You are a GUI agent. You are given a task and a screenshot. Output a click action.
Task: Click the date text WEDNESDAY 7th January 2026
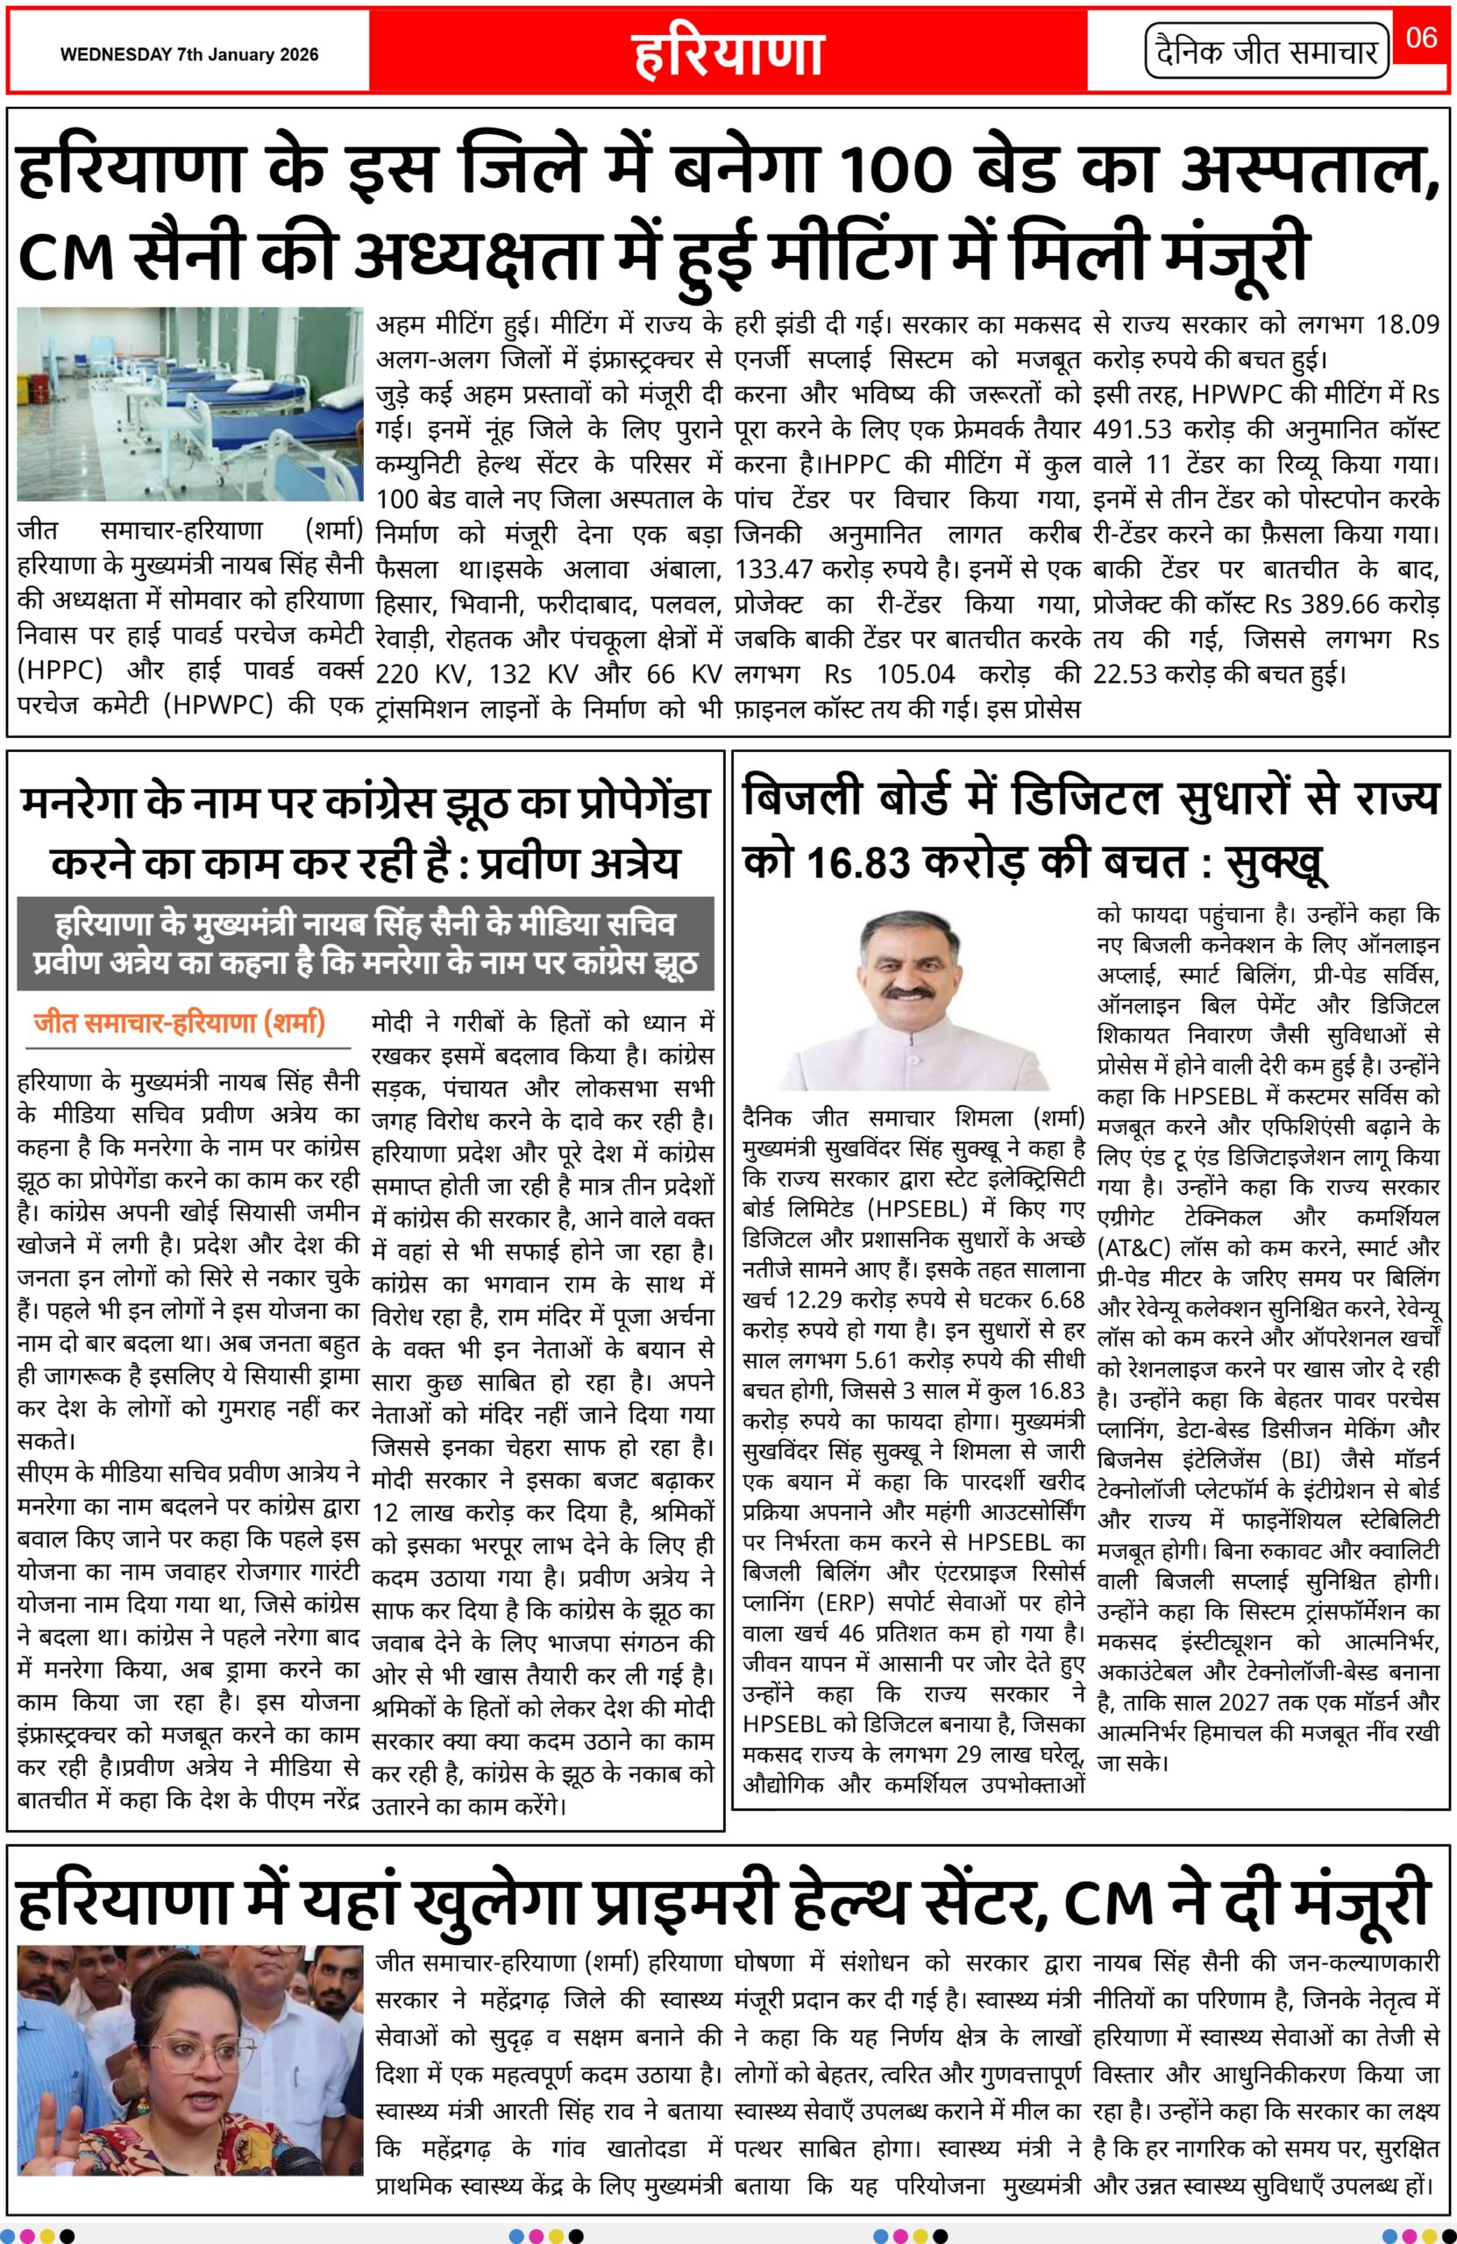coord(188,54)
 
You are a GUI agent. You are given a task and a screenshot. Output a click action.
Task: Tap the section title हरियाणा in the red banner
coord(728,53)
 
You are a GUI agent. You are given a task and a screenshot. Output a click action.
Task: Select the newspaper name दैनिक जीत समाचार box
coord(1268,53)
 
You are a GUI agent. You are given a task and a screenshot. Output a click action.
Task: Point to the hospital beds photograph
coord(189,403)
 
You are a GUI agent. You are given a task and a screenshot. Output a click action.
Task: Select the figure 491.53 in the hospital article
coord(1142,430)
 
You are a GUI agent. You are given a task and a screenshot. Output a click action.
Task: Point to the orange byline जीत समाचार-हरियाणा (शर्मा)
coord(179,1022)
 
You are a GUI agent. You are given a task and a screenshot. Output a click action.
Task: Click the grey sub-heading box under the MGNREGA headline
coord(365,944)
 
